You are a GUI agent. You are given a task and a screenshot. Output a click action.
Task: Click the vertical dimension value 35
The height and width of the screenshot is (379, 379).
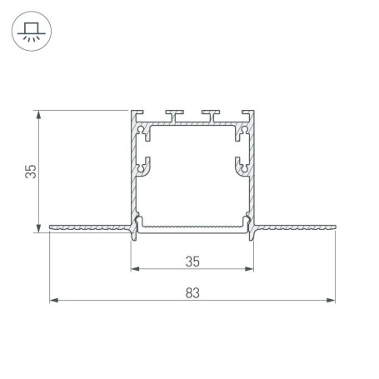(x=30, y=172)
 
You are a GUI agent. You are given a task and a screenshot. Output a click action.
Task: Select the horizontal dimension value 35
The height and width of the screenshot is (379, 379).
(x=192, y=261)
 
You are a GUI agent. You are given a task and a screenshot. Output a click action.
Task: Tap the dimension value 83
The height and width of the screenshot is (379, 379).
(x=192, y=292)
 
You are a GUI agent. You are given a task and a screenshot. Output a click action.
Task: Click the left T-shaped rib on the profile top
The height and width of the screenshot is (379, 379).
(x=175, y=112)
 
